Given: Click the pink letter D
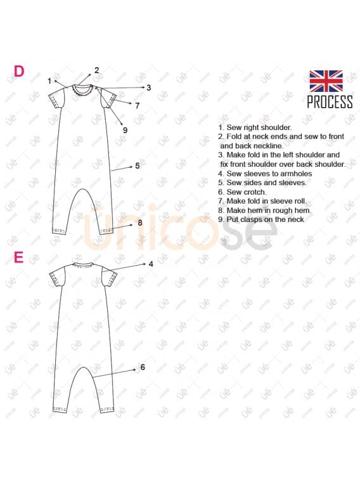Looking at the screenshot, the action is (19, 71).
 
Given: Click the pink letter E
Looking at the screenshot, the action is (18, 258).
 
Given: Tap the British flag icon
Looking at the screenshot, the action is (326, 81).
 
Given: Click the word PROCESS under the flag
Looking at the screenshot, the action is (330, 102).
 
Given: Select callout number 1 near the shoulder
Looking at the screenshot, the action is (49, 81).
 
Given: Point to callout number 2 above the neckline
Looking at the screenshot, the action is (96, 70).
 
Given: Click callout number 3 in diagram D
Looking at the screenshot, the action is (149, 88).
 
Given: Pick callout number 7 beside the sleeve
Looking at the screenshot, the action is (138, 106).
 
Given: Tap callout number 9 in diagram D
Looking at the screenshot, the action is (125, 130).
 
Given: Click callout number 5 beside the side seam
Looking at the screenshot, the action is (138, 165).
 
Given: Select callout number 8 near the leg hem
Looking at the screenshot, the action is (140, 223).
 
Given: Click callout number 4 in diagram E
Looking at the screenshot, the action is (151, 264).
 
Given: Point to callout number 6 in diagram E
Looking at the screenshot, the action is (143, 367).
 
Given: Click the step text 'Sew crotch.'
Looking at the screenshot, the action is (242, 192).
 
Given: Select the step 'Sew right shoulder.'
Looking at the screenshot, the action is (255, 127).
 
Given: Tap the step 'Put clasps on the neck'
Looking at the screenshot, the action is (261, 219).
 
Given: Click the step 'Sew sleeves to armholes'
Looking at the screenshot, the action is (265, 174).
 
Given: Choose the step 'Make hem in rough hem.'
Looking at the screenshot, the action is (264, 211).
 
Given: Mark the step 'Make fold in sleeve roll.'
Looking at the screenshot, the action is (262, 201).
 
